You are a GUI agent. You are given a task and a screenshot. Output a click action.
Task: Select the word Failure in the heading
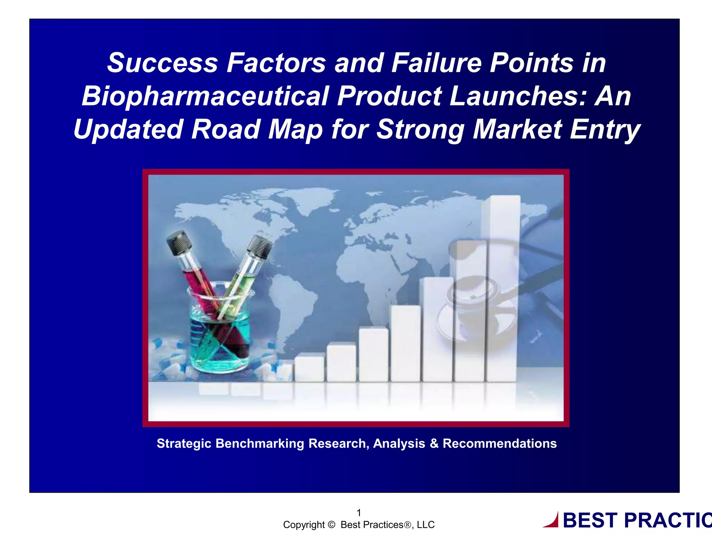(436, 63)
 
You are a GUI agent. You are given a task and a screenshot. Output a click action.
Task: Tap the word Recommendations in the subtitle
(500, 444)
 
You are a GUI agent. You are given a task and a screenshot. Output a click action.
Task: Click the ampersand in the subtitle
(434, 444)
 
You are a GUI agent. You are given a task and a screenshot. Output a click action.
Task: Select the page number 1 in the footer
(359, 513)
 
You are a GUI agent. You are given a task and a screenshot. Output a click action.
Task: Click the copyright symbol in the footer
(331, 525)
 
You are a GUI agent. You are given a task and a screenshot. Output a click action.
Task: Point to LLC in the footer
(426, 525)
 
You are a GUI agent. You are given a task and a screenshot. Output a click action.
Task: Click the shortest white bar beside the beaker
(309, 368)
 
